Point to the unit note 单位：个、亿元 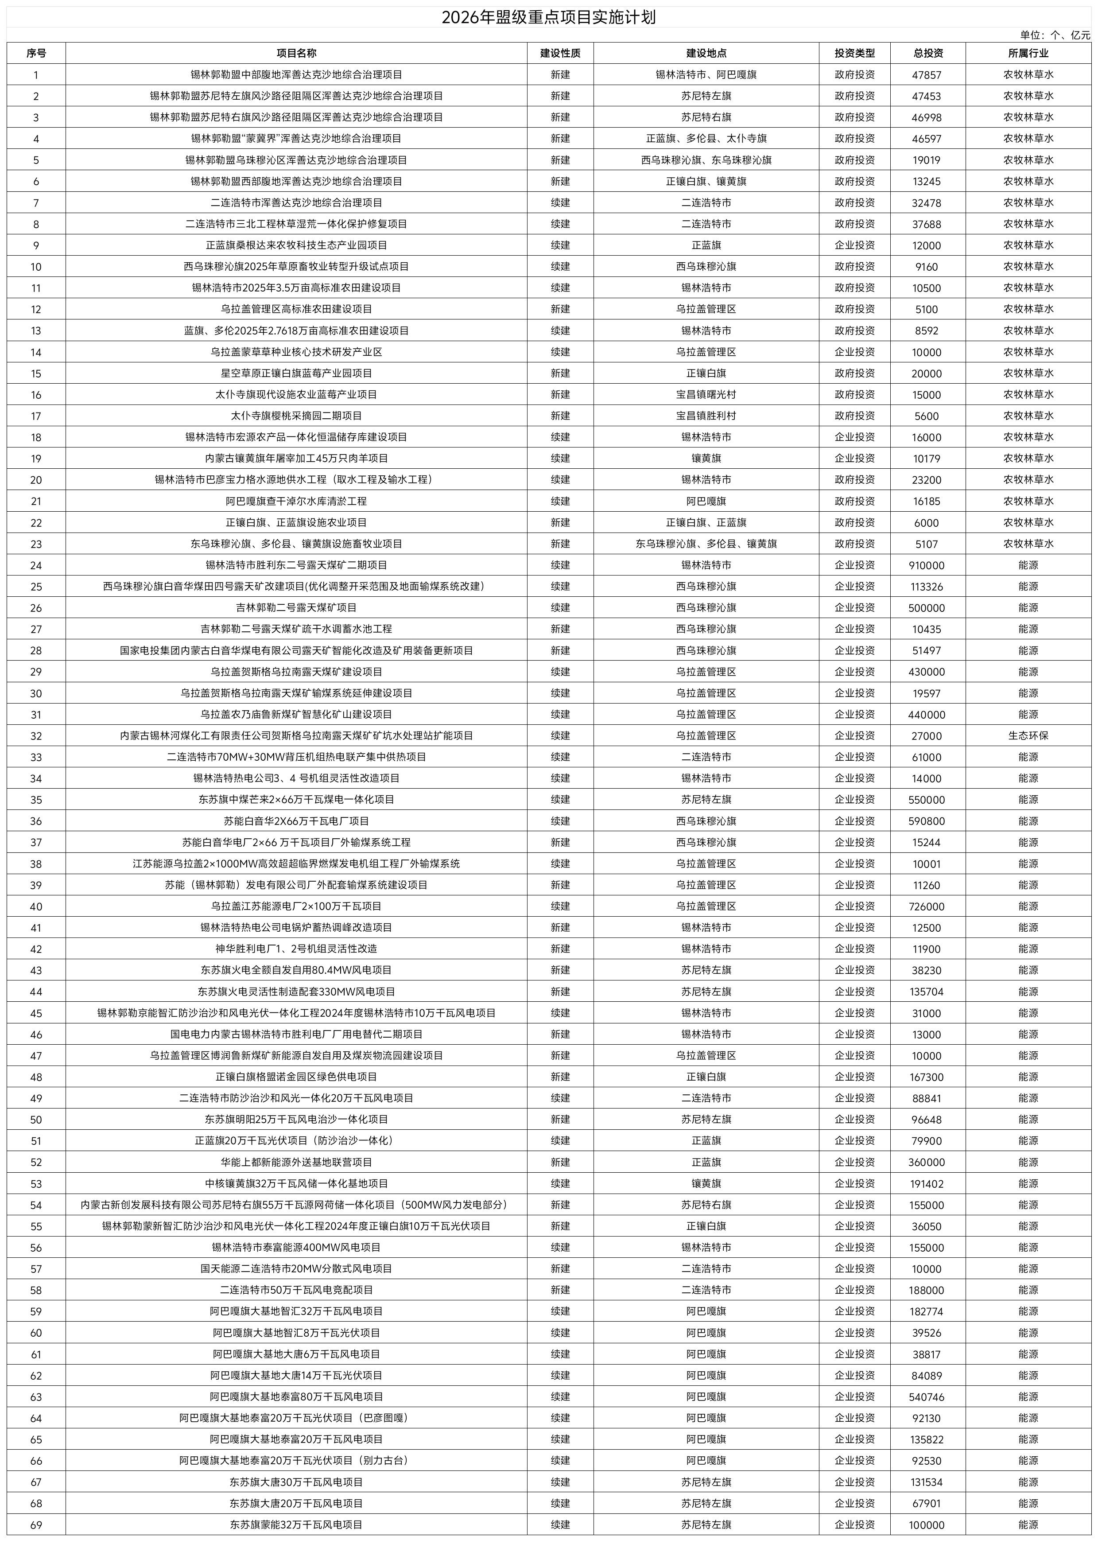1055,35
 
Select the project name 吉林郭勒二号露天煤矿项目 296,608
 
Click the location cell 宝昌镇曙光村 706,395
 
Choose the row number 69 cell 36,1525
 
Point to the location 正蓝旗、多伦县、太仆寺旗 706,139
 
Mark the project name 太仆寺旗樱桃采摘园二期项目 296,416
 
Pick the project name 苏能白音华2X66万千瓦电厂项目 296,822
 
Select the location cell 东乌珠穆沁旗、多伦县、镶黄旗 706,544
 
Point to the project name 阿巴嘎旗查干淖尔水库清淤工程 296,501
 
